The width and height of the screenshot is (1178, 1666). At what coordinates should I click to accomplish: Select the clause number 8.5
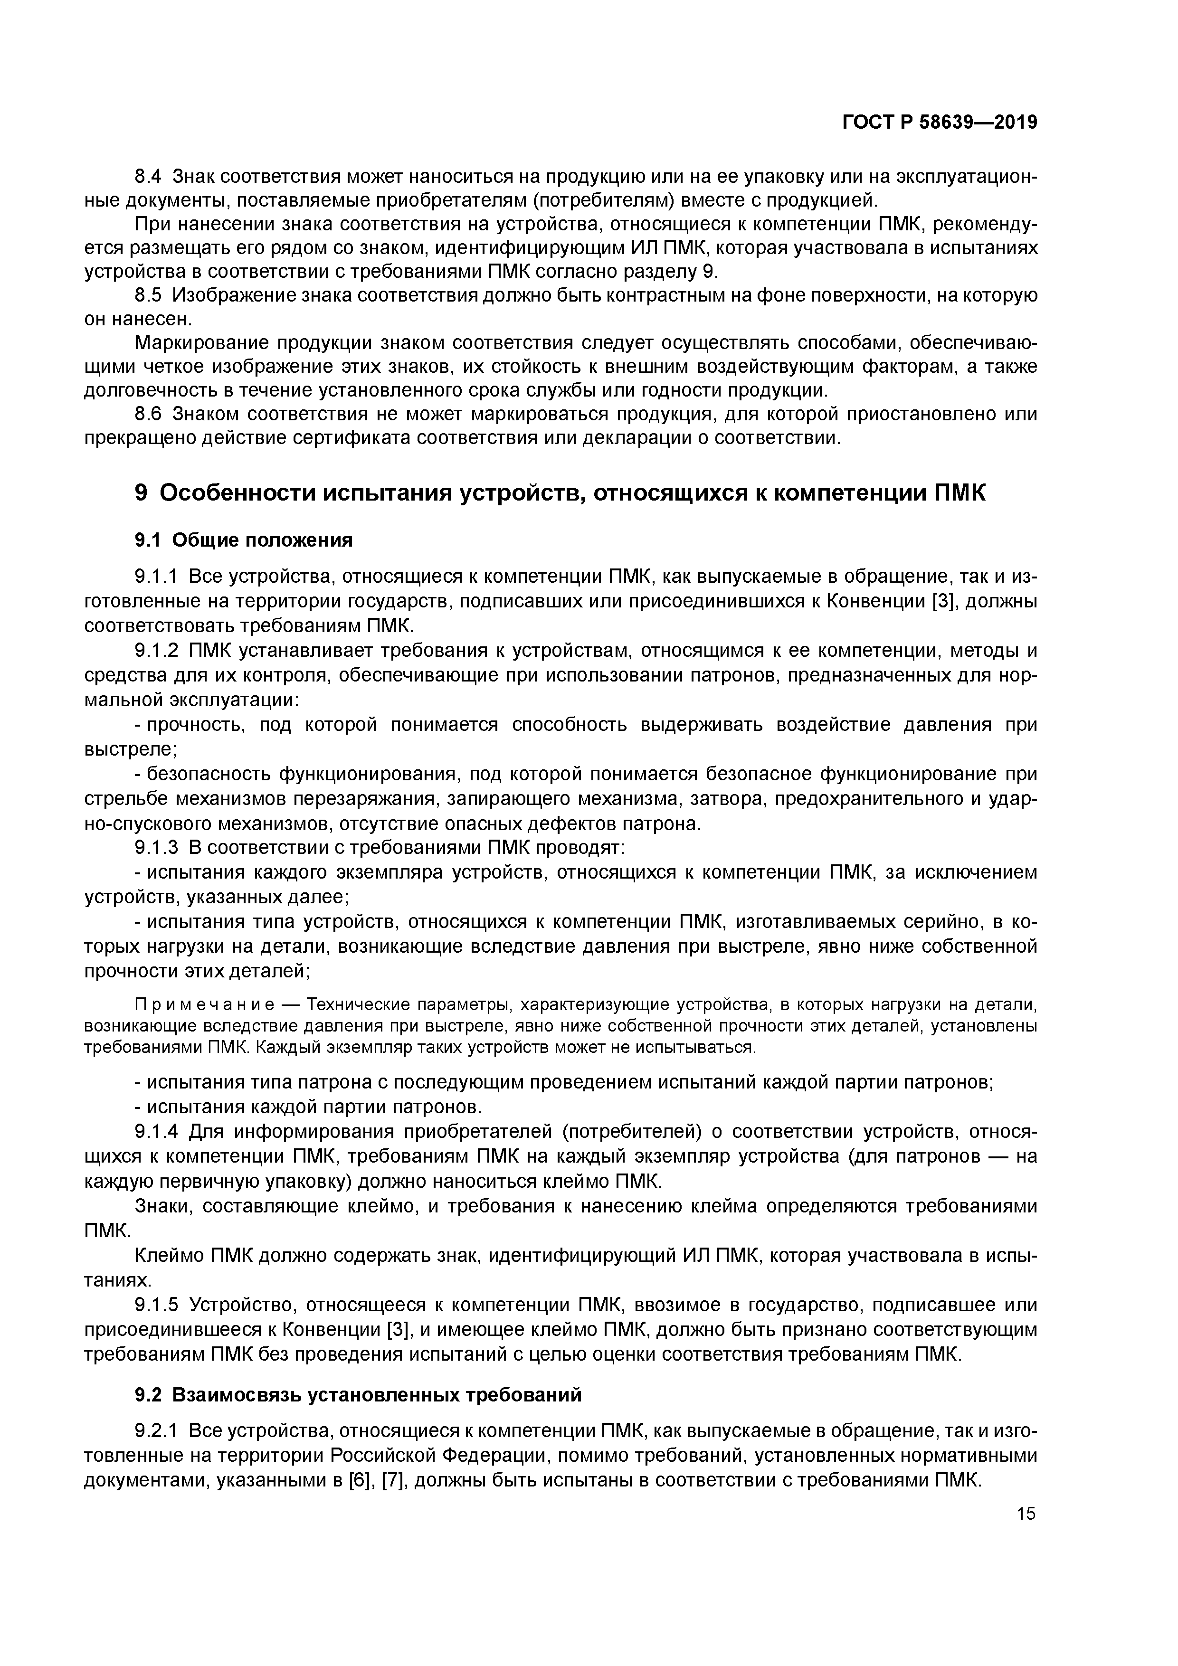click(x=149, y=295)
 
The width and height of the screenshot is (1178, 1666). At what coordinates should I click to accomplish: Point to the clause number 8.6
click(x=149, y=414)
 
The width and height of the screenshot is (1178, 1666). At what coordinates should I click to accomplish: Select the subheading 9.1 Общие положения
click(x=244, y=540)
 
